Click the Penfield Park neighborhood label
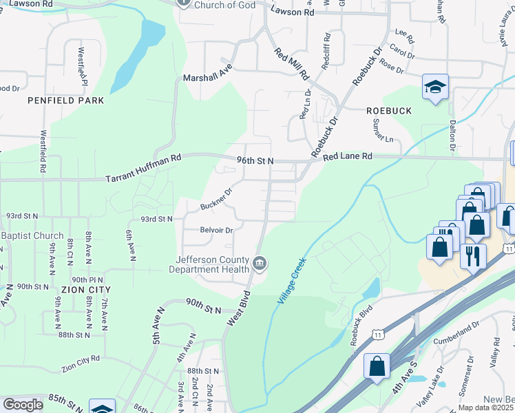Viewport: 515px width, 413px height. click(66, 100)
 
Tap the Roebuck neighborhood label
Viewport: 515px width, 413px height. click(389, 110)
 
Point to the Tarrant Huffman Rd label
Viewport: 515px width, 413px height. click(143, 168)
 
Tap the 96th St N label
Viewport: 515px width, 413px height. click(255, 160)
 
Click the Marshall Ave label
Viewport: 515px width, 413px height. click(209, 78)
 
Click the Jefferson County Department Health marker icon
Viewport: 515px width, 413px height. click(260, 263)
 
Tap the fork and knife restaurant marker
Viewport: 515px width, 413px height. click(472, 256)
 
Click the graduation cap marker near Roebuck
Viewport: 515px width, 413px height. click(435, 87)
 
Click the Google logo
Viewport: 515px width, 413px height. click(23, 405)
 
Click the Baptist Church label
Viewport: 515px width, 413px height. click(32, 235)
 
